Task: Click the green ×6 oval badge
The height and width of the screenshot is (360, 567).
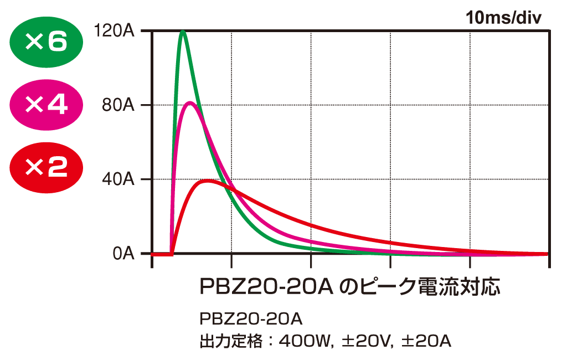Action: (47, 42)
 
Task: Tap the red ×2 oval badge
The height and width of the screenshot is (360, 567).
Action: (47, 167)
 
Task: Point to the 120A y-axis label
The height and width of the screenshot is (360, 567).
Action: (115, 31)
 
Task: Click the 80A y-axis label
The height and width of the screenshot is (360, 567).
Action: (118, 105)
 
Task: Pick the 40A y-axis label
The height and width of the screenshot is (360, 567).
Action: (118, 179)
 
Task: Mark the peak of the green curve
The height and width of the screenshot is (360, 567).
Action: (183, 32)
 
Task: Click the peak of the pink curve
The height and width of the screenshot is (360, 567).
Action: (190, 102)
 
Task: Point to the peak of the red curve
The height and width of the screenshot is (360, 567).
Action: (208, 181)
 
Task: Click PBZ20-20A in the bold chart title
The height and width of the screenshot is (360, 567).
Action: (265, 287)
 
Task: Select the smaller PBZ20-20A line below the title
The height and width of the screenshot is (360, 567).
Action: (250, 320)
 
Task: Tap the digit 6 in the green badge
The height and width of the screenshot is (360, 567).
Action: (57, 42)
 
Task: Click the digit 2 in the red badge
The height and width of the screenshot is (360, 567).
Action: (58, 167)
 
